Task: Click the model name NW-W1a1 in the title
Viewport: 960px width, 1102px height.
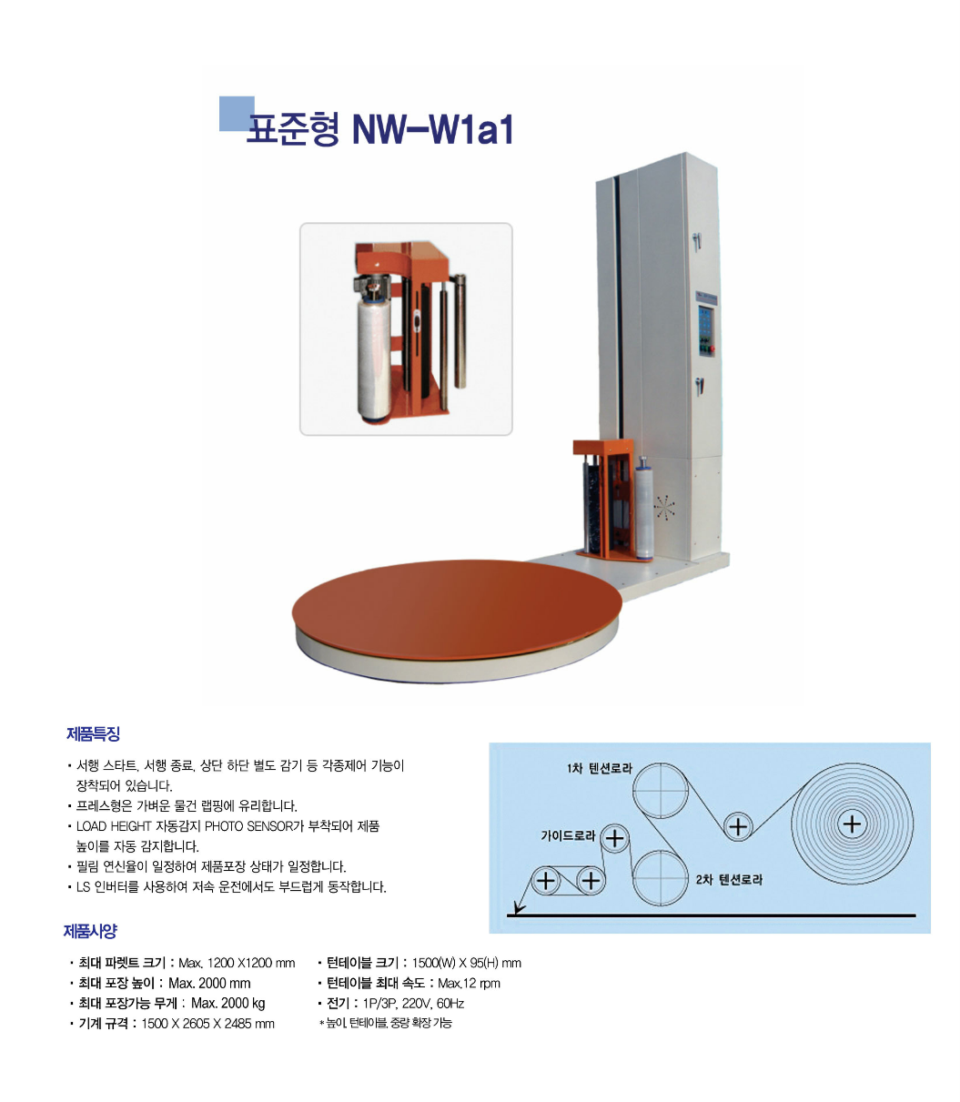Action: tap(432, 129)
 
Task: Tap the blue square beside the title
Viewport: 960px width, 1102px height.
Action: tap(237, 113)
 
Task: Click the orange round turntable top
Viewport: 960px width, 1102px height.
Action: tap(457, 609)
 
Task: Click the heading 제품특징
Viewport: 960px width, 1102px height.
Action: tap(93, 733)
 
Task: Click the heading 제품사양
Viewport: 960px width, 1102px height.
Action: tap(90, 931)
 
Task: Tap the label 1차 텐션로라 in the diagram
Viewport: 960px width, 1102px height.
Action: tap(599, 768)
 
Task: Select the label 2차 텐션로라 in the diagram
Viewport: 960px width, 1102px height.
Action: tap(729, 880)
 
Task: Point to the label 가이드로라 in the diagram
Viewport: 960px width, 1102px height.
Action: tap(568, 835)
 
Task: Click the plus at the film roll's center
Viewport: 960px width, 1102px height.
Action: tap(852, 824)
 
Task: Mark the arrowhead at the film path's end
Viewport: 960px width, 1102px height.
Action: tap(518, 908)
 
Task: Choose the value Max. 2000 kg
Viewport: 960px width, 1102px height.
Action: tap(227, 1003)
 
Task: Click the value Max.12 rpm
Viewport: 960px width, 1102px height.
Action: tap(469, 983)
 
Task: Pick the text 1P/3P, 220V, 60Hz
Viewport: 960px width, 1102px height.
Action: tap(413, 1003)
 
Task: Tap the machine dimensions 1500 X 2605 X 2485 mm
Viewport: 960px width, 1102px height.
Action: tap(207, 1024)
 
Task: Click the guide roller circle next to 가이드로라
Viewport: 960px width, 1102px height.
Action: tap(614, 838)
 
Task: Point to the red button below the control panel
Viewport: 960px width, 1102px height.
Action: tap(712, 349)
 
